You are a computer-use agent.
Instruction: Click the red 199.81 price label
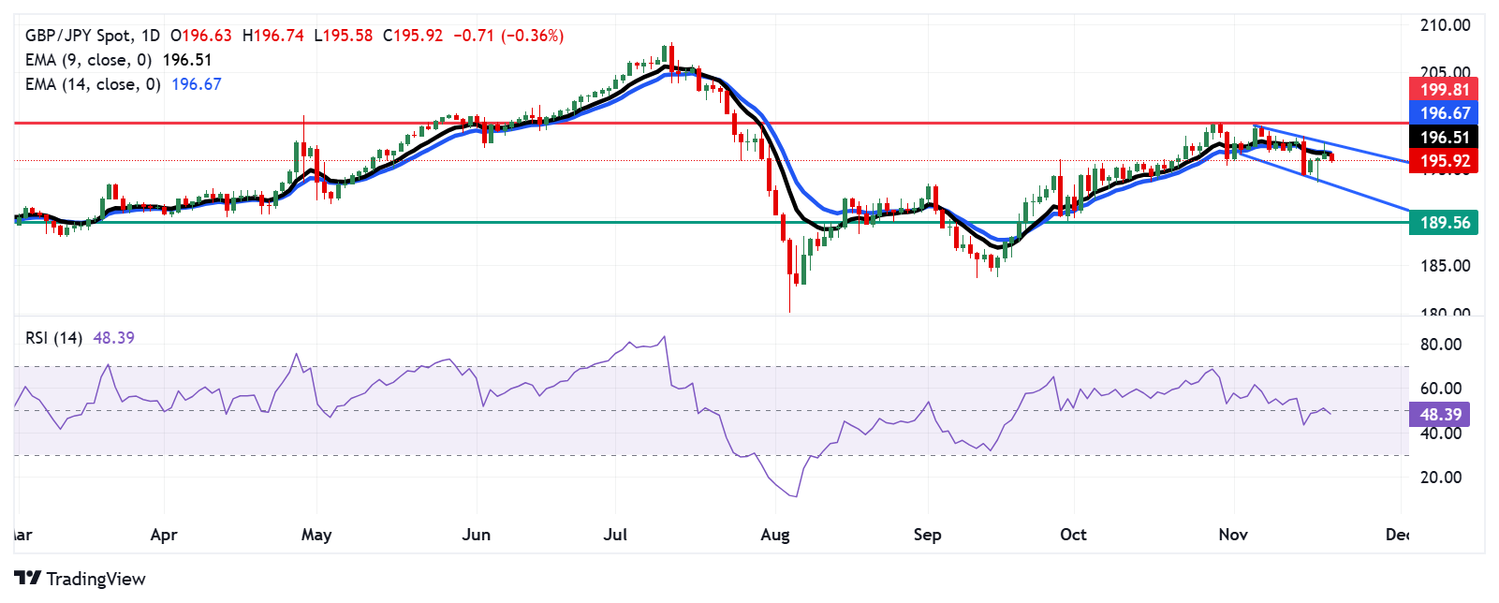1444,90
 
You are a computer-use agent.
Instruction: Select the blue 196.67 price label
1444,113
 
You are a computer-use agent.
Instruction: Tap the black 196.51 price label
1444,138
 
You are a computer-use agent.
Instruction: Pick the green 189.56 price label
1444,223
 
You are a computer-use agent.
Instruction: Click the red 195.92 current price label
1444,161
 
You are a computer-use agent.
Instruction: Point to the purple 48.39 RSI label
1440,415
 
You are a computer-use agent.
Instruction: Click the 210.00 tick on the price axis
1445,25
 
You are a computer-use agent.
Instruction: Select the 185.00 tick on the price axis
1445,266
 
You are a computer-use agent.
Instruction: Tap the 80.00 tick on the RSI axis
1440,345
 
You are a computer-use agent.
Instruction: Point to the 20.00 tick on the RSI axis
1440,478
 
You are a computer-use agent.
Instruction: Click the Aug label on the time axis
775,535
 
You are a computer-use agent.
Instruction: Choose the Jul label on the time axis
615,535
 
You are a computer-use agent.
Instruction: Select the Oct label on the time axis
1073,535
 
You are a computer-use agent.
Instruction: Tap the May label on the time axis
316,535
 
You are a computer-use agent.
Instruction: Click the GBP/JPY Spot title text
79,36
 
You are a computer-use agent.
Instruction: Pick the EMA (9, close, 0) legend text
88,60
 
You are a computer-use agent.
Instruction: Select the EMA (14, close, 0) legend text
93,84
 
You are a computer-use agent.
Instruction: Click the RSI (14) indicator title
53,338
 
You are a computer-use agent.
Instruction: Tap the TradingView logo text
96,579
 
